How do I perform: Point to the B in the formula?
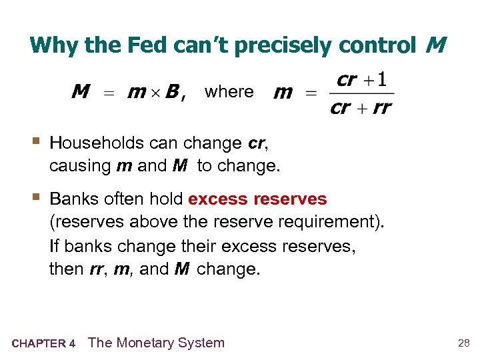171,92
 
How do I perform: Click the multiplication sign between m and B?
155,93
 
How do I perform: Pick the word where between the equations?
229,91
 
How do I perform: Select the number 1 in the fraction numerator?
381,81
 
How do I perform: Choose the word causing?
80,165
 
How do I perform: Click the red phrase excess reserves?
257,199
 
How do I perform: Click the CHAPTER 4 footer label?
43,344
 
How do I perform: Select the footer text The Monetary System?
157,343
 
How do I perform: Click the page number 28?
463,343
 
